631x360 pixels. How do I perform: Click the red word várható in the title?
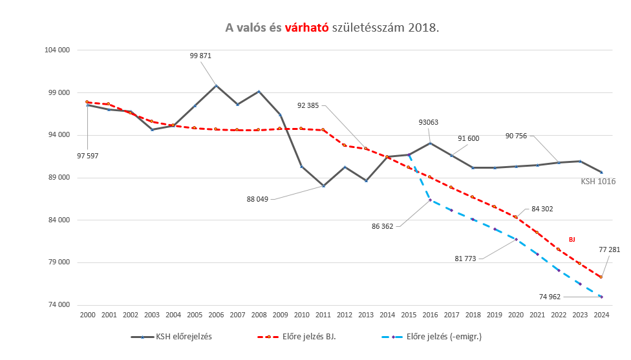tap(307, 28)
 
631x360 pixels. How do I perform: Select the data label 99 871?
tap(200, 56)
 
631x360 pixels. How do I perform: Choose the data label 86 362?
tap(383, 226)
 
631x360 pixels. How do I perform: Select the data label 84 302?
tap(542, 209)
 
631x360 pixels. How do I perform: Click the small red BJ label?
tap(572, 240)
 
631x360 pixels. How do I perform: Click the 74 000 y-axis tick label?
tap(58, 306)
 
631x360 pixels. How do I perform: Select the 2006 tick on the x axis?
tap(216, 315)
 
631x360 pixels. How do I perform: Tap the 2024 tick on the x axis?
tap(601, 315)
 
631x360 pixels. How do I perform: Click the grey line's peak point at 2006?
tap(216, 85)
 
